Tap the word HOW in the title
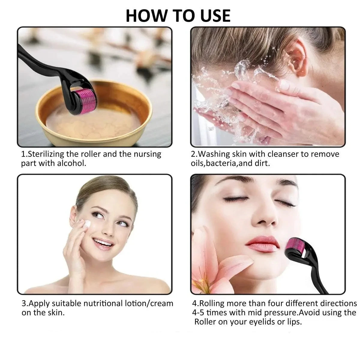(x=146, y=16)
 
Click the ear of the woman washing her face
(x=297, y=58)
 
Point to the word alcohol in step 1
(x=72, y=163)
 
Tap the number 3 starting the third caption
(x=24, y=303)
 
